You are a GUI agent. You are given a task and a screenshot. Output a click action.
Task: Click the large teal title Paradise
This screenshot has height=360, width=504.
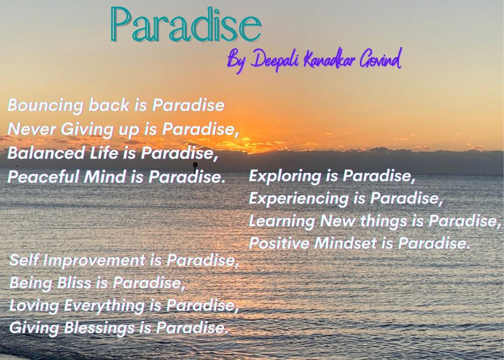186,25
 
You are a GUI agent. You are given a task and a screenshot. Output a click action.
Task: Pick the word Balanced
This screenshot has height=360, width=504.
46,153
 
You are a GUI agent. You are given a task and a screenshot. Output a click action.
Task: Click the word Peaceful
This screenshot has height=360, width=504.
43,177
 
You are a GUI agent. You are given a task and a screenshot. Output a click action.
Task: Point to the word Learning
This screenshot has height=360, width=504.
282,221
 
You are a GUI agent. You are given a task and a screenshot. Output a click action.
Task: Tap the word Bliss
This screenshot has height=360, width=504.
74,283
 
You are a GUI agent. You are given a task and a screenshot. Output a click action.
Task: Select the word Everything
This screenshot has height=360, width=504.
104,306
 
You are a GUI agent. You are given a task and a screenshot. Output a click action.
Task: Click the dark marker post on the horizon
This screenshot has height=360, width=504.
195,167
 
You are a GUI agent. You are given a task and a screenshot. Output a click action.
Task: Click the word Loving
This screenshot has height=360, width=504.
34,306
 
